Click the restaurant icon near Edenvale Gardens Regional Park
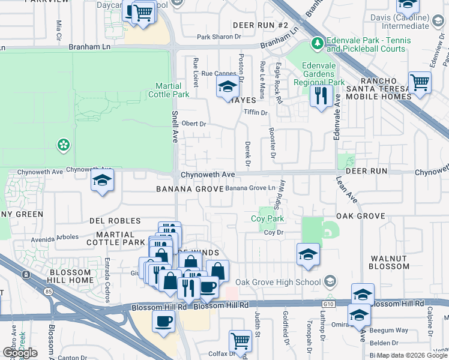coord(321,95)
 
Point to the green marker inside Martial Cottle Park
coord(62,145)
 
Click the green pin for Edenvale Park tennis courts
coord(316,44)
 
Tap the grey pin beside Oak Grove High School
coord(330,281)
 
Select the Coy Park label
coord(267,219)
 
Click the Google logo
coord(20,352)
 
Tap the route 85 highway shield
coord(26,275)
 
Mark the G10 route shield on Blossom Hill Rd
coord(327,304)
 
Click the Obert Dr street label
coord(194,124)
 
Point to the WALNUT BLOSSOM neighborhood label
coord(388,262)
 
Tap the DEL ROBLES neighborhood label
coord(115,221)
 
